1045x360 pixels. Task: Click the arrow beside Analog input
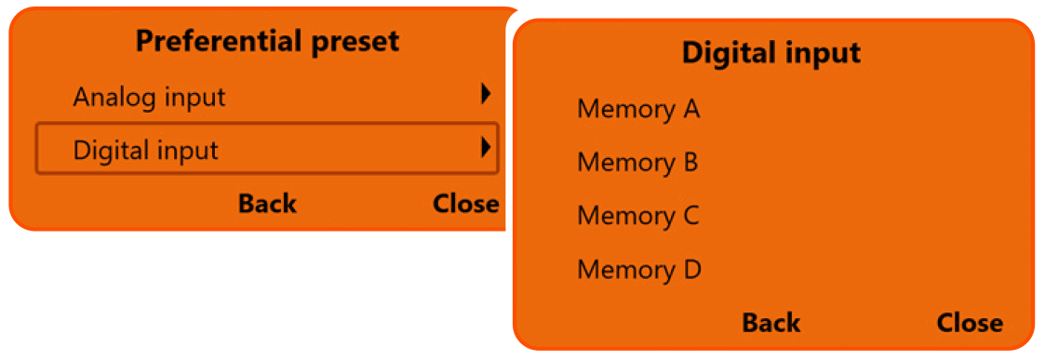[x=485, y=94]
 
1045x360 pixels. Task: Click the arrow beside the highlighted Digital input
[x=485, y=147]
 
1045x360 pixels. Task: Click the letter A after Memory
[x=690, y=110]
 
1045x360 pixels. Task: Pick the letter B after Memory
[x=690, y=163]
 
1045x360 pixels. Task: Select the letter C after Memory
[x=690, y=216]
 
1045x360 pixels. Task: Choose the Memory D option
[x=638, y=270]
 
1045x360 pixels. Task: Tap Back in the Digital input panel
[x=770, y=323]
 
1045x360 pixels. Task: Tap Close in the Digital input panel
[x=970, y=323]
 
